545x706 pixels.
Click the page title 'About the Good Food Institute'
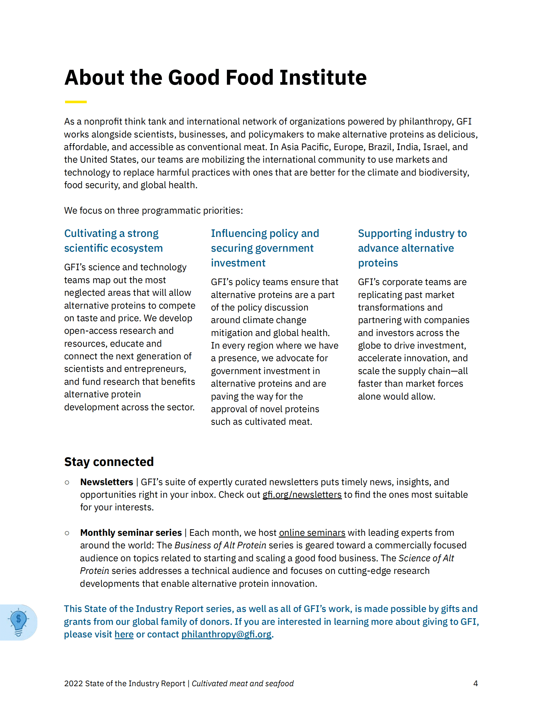pos(215,78)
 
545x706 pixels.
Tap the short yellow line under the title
pos(76,102)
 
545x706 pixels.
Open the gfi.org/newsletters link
pos(302,495)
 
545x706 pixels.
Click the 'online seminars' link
pos(312,532)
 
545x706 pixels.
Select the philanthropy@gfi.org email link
pos(226,634)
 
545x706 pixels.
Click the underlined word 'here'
pos(124,634)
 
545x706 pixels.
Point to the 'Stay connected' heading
pos(109,462)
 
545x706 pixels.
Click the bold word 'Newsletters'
pos(107,482)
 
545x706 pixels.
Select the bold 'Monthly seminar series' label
pos(131,532)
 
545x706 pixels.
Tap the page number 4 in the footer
pos(475,683)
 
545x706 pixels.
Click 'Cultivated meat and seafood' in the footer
pos(243,683)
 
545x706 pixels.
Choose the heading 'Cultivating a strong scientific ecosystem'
pos(113,241)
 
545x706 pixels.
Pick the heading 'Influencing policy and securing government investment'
pos(265,248)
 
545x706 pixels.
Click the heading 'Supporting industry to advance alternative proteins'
pos(412,248)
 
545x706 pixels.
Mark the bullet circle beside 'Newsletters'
pos(67,483)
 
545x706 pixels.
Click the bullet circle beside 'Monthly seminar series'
pos(67,533)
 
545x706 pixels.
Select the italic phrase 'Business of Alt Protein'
pos(220,545)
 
